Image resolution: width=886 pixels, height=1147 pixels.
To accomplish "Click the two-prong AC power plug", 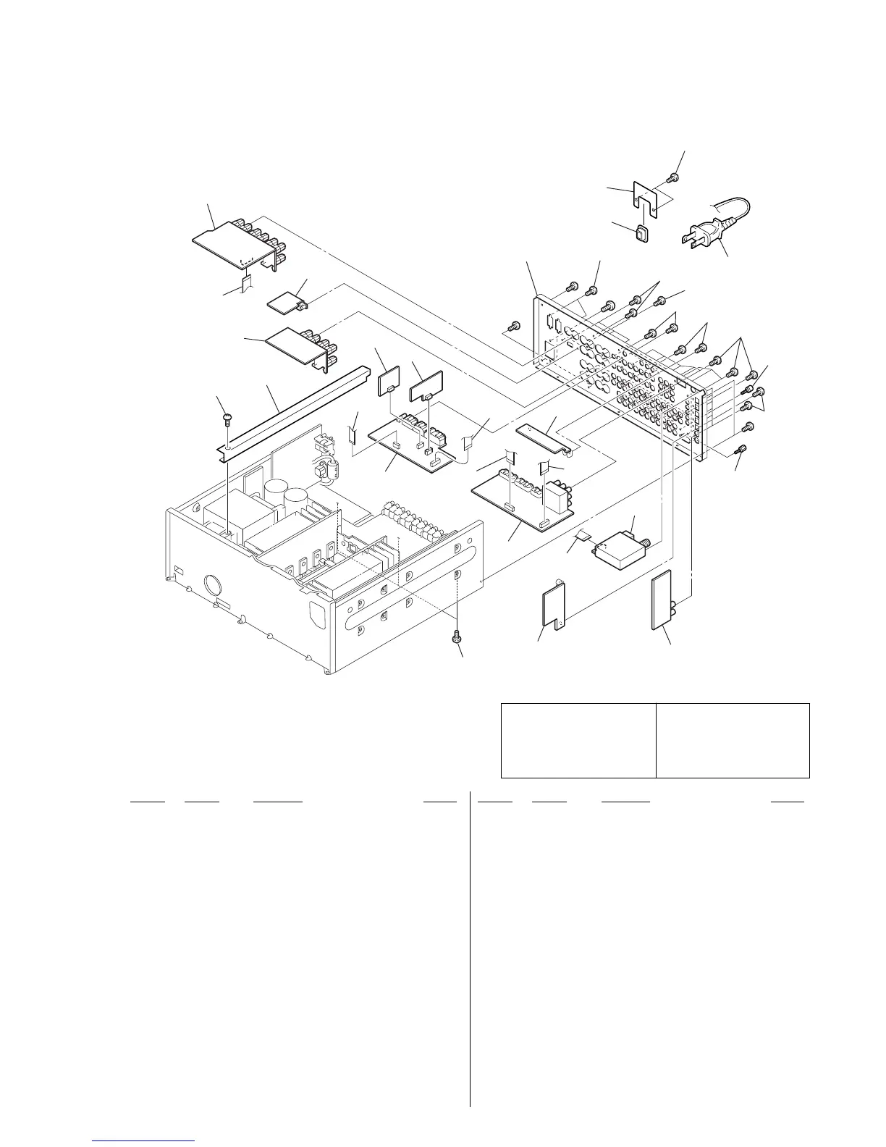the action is pyautogui.click(x=701, y=235).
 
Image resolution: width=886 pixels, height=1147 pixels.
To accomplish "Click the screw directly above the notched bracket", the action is pyautogui.click(x=674, y=177).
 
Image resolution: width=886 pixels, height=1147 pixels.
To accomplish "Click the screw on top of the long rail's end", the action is pyautogui.click(x=226, y=417).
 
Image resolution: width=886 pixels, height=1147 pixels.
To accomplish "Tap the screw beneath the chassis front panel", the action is pyautogui.click(x=457, y=636).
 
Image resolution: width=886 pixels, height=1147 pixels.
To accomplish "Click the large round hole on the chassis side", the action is pyautogui.click(x=215, y=584).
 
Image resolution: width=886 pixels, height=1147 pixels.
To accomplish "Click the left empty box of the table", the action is pyautogui.click(x=578, y=739).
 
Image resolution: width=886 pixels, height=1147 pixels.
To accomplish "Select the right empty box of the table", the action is pyautogui.click(x=733, y=739).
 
